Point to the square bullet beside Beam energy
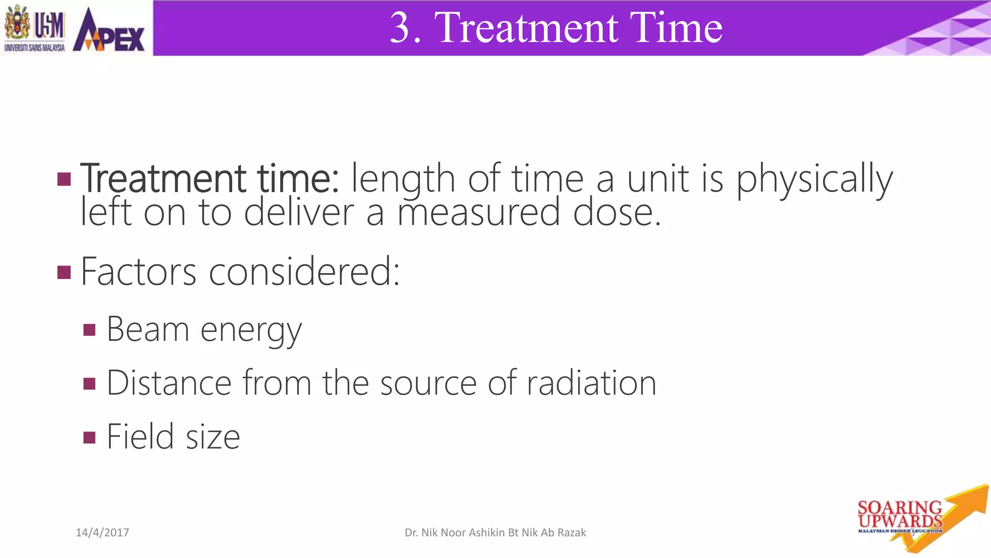coord(90,330)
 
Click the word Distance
coord(169,383)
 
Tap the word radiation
coord(591,383)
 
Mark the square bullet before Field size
coord(90,438)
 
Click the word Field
coord(140,436)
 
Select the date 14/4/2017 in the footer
coord(103,533)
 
